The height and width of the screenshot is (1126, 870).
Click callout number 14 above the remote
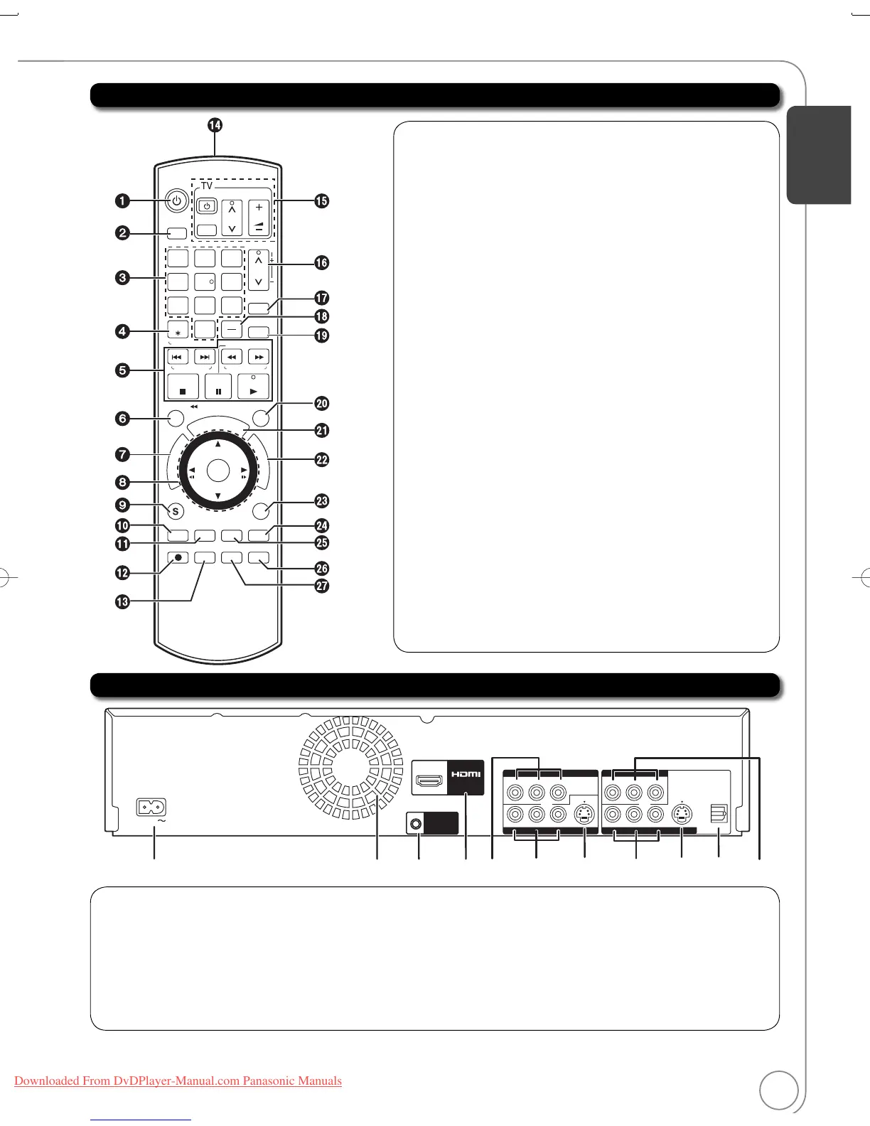tap(215, 125)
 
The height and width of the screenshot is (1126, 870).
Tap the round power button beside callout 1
tap(176, 201)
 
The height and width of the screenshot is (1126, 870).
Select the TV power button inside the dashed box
tap(206, 207)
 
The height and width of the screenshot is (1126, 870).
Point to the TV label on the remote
tap(206, 186)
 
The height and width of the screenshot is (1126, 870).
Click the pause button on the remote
tap(218, 390)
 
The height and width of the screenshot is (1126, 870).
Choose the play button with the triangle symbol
tap(254, 390)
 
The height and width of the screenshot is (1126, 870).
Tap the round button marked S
tap(175, 510)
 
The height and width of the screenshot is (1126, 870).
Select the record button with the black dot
tap(178, 558)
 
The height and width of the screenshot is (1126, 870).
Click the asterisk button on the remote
tap(178, 332)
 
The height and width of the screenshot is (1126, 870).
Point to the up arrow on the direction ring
tap(217, 444)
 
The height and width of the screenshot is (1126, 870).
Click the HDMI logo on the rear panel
tap(466, 774)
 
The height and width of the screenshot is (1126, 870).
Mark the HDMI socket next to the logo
tap(429, 782)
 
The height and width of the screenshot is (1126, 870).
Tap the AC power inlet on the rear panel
tap(151, 808)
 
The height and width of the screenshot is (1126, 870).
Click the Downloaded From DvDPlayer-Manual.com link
tap(178, 1081)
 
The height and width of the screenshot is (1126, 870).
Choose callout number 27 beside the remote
tap(322, 586)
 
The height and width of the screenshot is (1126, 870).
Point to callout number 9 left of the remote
tap(123, 505)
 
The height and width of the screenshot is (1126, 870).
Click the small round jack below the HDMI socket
tap(416, 825)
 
